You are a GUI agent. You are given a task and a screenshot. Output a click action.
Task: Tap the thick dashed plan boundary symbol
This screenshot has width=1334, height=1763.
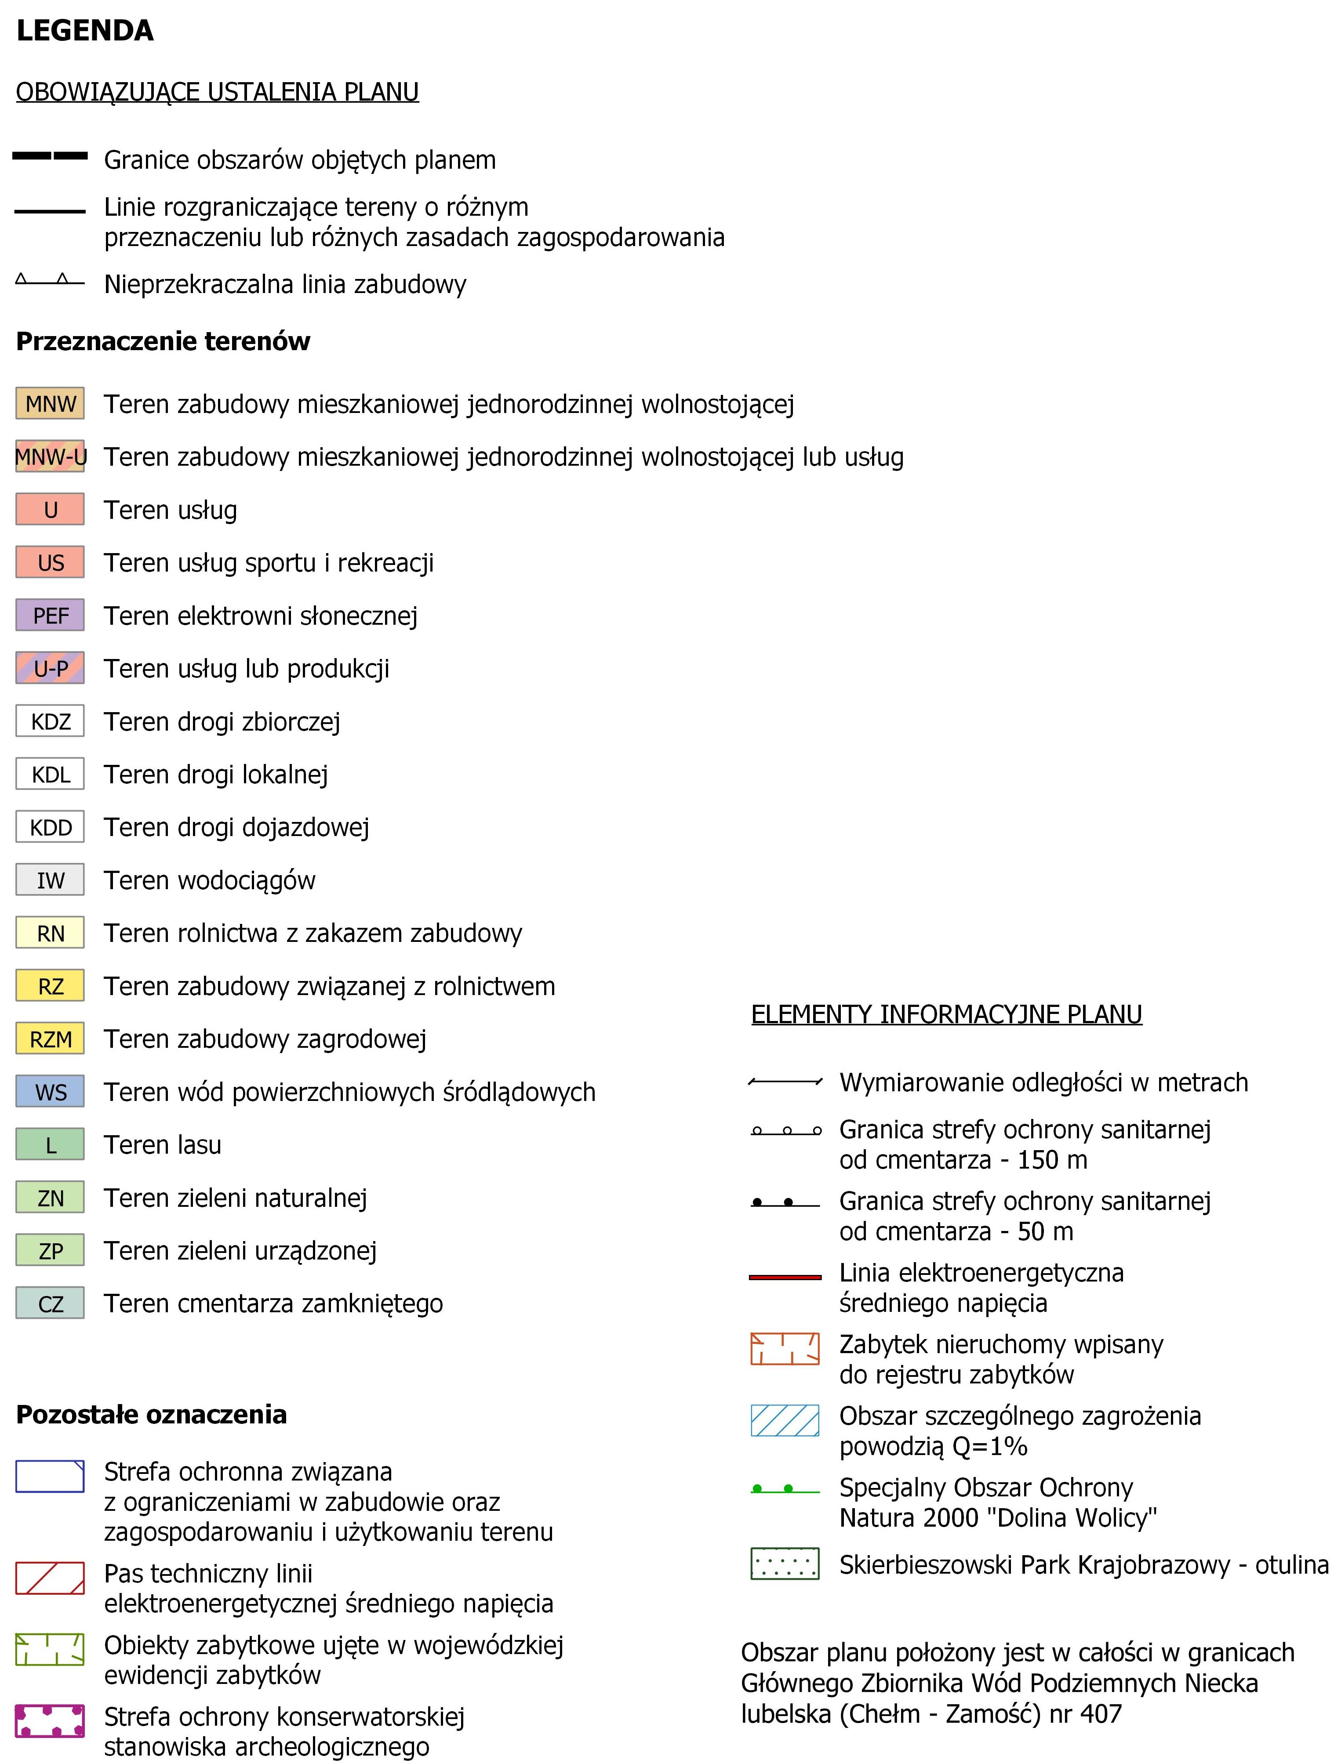[49, 157]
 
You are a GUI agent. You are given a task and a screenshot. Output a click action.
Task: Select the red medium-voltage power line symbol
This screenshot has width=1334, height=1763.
[785, 1277]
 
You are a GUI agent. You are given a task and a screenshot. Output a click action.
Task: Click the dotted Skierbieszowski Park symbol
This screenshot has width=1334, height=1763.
[785, 1564]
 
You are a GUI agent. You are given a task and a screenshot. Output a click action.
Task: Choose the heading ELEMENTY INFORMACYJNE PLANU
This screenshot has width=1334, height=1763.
[946, 1014]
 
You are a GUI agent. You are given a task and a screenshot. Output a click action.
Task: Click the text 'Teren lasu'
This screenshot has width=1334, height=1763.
[163, 1144]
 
